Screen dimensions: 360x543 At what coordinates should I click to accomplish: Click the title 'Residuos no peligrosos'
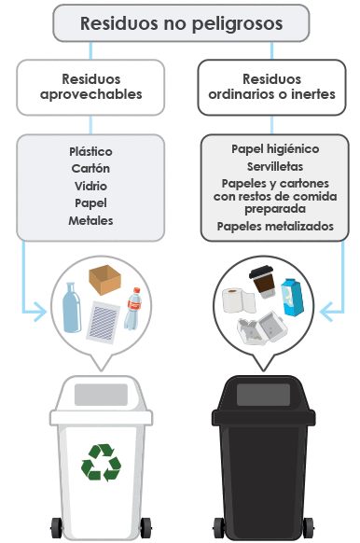pos(181,24)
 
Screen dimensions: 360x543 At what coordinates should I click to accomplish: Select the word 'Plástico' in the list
pos(90,151)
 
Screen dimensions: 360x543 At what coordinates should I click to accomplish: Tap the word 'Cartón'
pos(90,168)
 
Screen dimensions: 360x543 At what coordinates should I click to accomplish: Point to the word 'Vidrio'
pos(90,186)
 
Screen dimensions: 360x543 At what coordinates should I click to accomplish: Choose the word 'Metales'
pos(90,220)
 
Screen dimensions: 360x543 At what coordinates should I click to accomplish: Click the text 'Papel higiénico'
pos(275,149)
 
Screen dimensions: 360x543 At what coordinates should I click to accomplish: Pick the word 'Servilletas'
pos(275,167)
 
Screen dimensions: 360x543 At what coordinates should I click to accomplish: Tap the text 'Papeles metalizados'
pos(275,226)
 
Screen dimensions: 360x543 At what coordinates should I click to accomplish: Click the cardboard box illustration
pos(104,280)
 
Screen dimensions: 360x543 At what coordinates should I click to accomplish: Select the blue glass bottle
pos(72,308)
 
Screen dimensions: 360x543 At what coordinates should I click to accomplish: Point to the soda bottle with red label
pos(133,309)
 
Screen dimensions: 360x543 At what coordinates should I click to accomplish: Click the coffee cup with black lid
pos(263,282)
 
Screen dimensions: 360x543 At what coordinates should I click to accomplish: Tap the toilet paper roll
pos(239,300)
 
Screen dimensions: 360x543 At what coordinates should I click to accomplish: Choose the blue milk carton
pos(293,297)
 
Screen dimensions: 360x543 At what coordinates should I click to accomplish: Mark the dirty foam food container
pos(263,328)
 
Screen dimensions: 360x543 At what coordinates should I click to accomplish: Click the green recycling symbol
pos(101,463)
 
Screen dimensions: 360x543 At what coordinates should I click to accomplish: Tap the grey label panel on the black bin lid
pos(263,395)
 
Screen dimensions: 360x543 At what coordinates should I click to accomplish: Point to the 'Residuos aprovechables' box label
pos(91,87)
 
